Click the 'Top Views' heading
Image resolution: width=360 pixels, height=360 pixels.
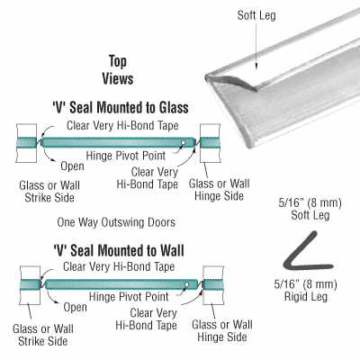118,71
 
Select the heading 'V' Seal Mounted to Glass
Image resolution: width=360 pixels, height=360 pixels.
115,107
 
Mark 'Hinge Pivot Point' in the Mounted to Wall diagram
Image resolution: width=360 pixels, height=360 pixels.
122,295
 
